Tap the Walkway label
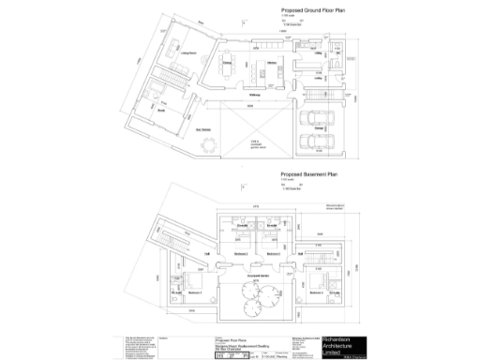click(x=254, y=95)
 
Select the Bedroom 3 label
click(x=273, y=254)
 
